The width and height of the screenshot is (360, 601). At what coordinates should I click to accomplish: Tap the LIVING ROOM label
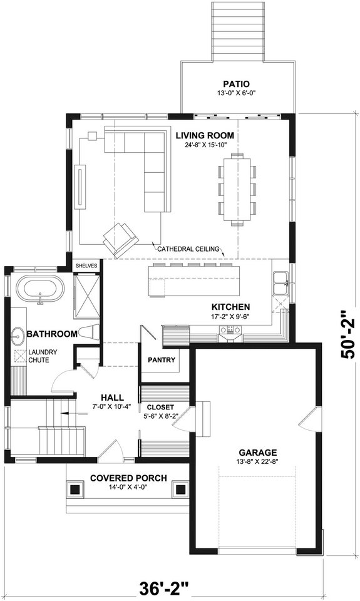(205, 135)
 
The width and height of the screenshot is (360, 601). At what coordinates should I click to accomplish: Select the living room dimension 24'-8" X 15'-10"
(205, 145)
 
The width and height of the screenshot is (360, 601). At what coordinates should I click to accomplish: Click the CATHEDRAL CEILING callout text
(188, 249)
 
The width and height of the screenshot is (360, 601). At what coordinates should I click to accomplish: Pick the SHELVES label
(87, 265)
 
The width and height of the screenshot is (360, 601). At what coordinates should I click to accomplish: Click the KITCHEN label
(230, 307)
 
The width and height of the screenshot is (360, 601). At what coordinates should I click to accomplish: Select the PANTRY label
(160, 360)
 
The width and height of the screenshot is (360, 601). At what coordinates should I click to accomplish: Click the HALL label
(111, 398)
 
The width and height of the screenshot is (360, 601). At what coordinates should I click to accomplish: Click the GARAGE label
(257, 453)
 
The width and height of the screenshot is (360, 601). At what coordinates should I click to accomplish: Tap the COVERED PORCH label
(128, 478)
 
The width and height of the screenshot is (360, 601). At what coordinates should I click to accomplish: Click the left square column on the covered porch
(75, 489)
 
